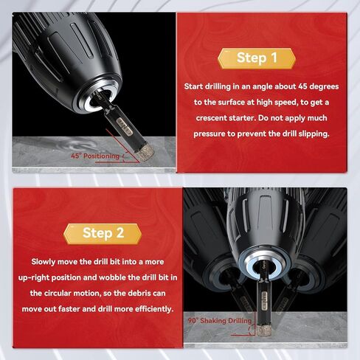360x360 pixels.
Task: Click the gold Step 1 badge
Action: [x=257, y=58]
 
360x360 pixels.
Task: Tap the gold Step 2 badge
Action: [x=103, y=234]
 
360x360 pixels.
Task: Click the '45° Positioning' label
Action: [x=95, y=156]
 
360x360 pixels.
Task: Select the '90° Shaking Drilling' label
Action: [x=220, y=321]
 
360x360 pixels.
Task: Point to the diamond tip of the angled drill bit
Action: [x=145, y=152]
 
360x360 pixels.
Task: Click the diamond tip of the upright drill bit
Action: [x=263, y=330]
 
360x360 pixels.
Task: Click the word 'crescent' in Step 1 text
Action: [x=211, y=118]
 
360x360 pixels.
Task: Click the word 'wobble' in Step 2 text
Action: [x=112, y=277]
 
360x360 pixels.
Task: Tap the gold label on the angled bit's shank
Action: [x=125, y=126]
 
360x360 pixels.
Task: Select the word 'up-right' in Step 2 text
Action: [x=34, y=277]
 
